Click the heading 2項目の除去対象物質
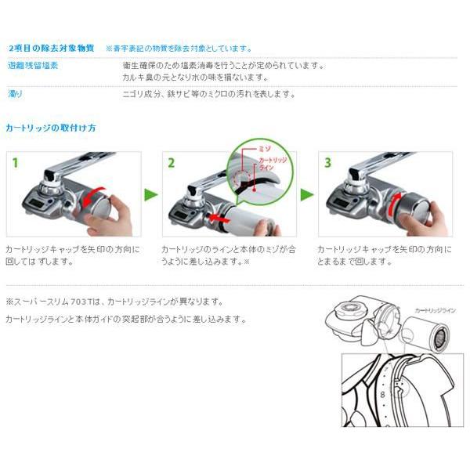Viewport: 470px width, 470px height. click(50, 48)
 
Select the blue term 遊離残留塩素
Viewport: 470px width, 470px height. click(32, 65)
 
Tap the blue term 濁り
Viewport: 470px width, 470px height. click(15, 94)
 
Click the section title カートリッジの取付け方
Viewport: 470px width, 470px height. click(50, 127)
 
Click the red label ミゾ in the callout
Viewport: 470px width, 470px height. click(266, 146)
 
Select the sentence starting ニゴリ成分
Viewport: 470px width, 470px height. click(208, 94)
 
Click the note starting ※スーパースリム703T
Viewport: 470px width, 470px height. click(114, 301)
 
